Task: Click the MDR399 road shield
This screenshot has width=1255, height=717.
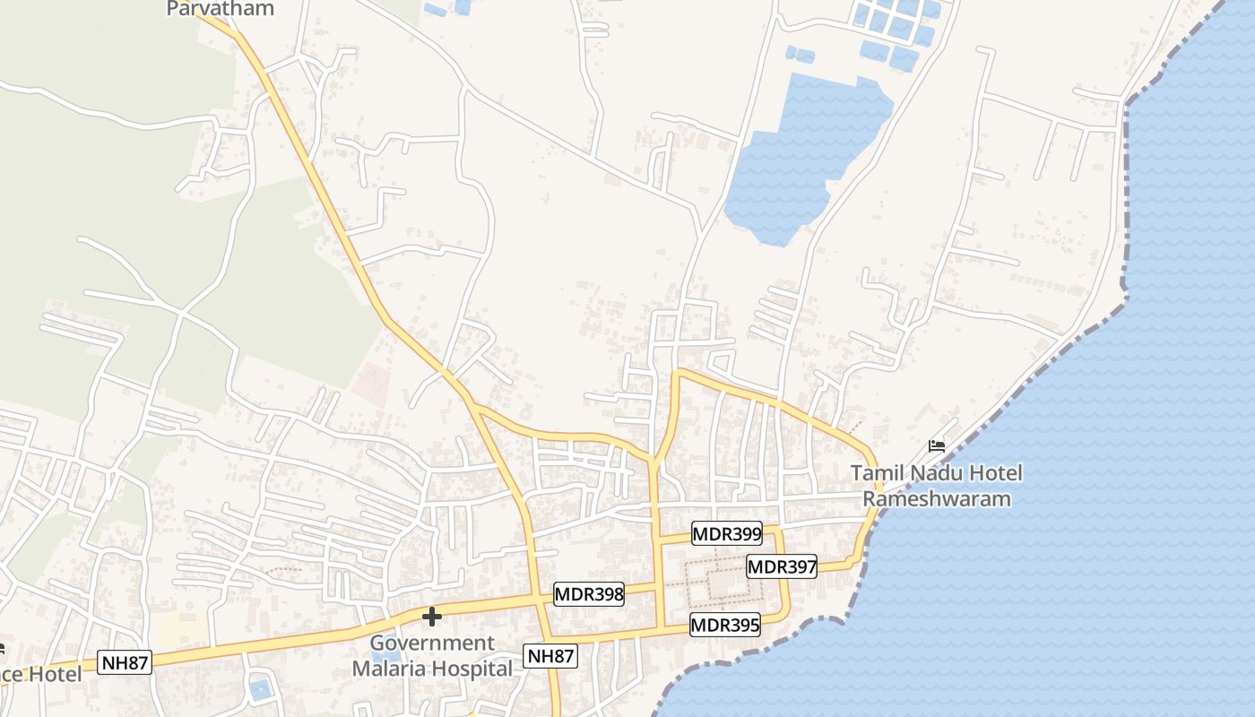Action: [727, 535]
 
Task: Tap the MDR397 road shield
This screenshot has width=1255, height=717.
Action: [782, 566]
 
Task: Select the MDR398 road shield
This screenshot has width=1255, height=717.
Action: [588, 594]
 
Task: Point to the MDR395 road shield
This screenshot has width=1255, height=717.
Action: [725, 625]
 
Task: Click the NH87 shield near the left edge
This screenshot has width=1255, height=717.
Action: [124, 663]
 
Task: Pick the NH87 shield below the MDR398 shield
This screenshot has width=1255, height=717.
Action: [550, 656]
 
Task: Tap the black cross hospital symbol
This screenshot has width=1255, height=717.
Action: [432, 617]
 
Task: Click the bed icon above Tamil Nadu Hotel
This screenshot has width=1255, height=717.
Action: [937, 446]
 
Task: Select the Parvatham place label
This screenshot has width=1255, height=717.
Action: [220, 10]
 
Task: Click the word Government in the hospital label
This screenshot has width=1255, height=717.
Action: [432, 644]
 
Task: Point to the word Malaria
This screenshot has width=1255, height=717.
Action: [389, 669]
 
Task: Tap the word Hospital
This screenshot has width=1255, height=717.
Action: [472, 669]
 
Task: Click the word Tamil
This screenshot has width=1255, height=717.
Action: [876, 473]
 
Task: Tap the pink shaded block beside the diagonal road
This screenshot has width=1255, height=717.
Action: [369, 384]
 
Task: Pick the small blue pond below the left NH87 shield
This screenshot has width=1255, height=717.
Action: [259, 689]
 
